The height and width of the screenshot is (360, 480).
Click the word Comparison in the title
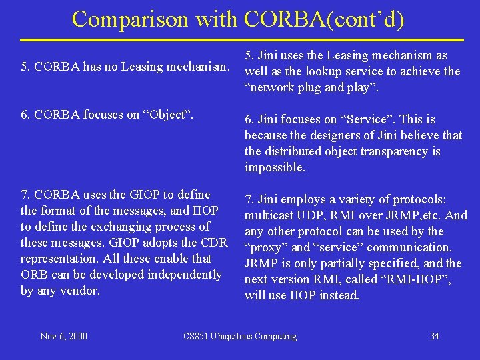[131, 19]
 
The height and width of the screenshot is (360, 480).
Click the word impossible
[275, 167]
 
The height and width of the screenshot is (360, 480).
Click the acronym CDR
[215, 243]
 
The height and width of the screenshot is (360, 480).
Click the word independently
[185, 275]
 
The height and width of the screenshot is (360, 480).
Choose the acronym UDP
[305, 215]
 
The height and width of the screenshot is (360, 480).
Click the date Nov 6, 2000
[63, 336]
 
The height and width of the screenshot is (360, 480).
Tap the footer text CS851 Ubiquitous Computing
[240, 336]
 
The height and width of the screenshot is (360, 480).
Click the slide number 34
[434, 336]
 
